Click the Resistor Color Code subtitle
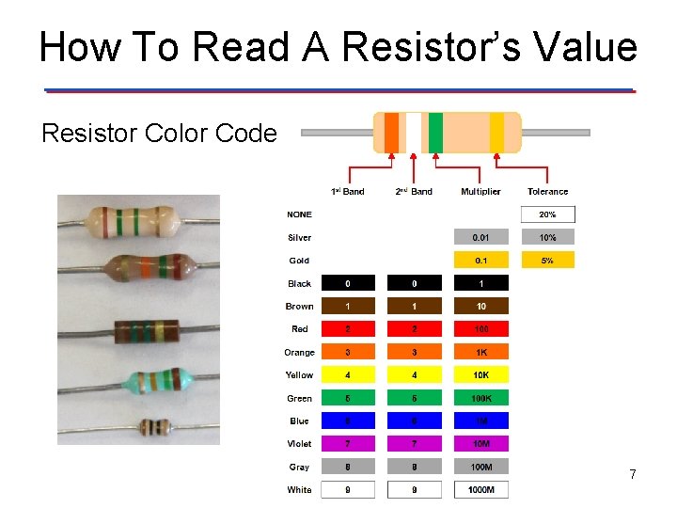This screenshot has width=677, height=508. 159,134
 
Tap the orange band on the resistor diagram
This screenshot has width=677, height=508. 391,133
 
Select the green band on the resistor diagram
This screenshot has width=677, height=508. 435,133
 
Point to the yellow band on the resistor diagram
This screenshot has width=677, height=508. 496,133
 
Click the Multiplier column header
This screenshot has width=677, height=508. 480,192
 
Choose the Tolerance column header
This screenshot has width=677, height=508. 547,192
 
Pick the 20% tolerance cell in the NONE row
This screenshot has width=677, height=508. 547,214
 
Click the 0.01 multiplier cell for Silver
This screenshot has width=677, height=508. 480,238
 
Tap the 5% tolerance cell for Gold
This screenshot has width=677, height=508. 547,261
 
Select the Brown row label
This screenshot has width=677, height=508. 300,307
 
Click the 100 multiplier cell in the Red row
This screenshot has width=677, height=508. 480,329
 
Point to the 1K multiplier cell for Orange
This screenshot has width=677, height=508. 480,353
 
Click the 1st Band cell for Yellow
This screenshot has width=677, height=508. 348,375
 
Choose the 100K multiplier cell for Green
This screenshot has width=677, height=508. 480,398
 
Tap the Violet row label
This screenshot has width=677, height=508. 300,444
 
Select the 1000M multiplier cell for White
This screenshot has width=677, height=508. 480,490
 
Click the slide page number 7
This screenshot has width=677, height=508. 633,475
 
